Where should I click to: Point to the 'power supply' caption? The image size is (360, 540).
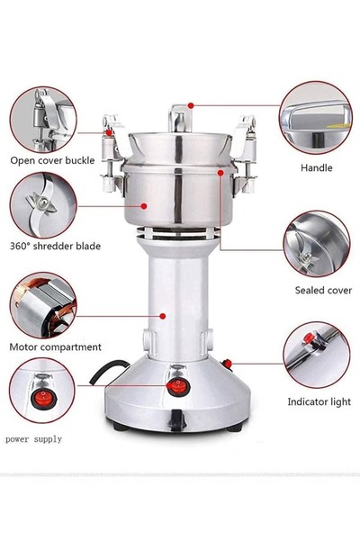pos(34,439)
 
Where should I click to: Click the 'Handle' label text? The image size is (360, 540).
pos(316,167)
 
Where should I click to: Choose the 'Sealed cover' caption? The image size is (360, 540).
pos(316,291)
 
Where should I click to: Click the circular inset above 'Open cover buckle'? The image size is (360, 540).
pos(42,118)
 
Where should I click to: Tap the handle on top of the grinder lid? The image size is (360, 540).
pos(179,116)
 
